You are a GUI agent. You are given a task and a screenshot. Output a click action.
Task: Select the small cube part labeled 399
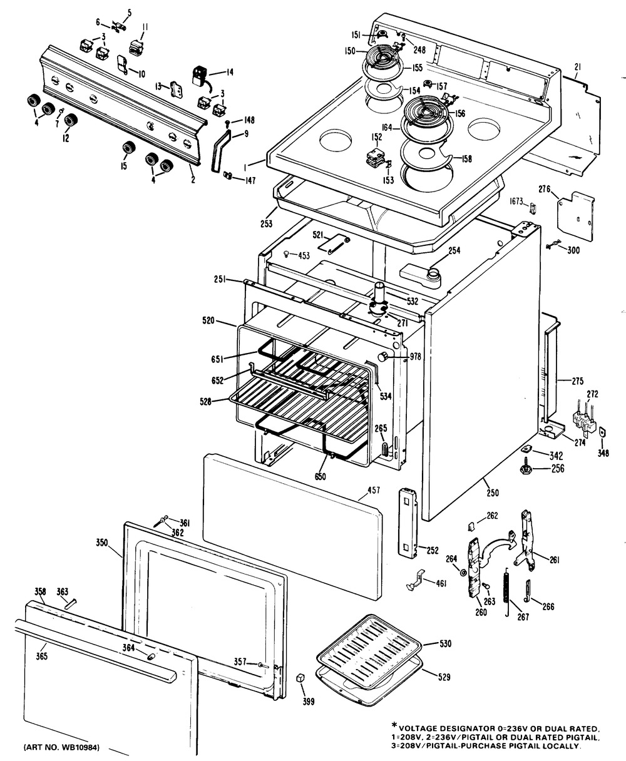pyautogui.click(x=300, y=678)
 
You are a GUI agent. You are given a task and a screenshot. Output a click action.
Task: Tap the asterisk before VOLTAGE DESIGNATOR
pyautogui.click(x=394, y=726)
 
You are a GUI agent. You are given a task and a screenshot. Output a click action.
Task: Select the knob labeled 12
pyautogui.click(x=72, y=120)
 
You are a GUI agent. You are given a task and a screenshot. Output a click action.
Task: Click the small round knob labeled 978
pyautogui.click(x=382, y=357)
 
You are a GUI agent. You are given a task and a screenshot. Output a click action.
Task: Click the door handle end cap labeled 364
pyautogui.click(x=151, y=656)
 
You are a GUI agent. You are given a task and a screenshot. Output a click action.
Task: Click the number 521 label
pyautogui.click(x=318, y=235)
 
